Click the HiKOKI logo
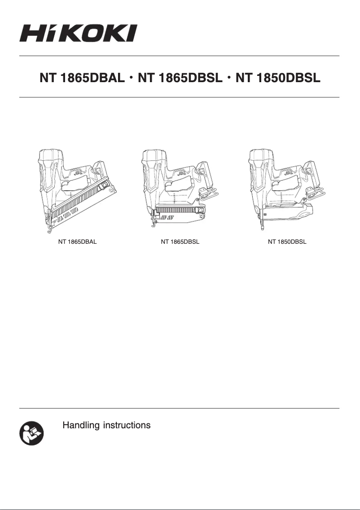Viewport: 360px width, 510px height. point(78,34)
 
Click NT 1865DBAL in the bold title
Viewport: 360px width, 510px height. point(82,78)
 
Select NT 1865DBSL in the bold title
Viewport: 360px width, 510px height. point(180,78)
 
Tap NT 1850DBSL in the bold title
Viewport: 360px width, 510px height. point(278,78)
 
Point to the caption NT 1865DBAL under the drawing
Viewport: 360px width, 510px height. point(78,242)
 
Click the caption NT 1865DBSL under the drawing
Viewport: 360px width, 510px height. point(180,242)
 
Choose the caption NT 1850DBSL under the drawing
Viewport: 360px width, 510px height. point(287,242)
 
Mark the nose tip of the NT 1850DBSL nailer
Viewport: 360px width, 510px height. point(262,229)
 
